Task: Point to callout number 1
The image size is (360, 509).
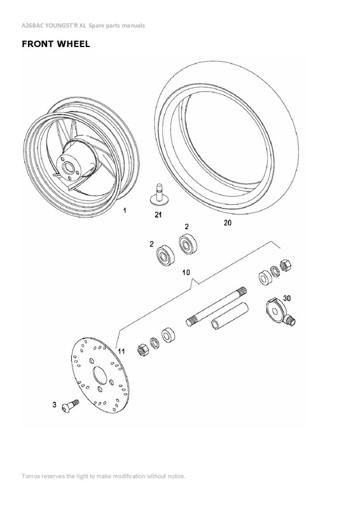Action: (x=125, y=211)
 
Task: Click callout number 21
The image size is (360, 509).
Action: (x=158, y=216)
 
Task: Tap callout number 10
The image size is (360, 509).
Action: (x=186, y=272)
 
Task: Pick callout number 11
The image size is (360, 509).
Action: (x=121, y=349)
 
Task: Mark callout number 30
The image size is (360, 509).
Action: (x=287, y=298)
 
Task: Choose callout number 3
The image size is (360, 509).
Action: (x=55, y=405)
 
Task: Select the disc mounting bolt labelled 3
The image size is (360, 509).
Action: (x=68, y=405)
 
